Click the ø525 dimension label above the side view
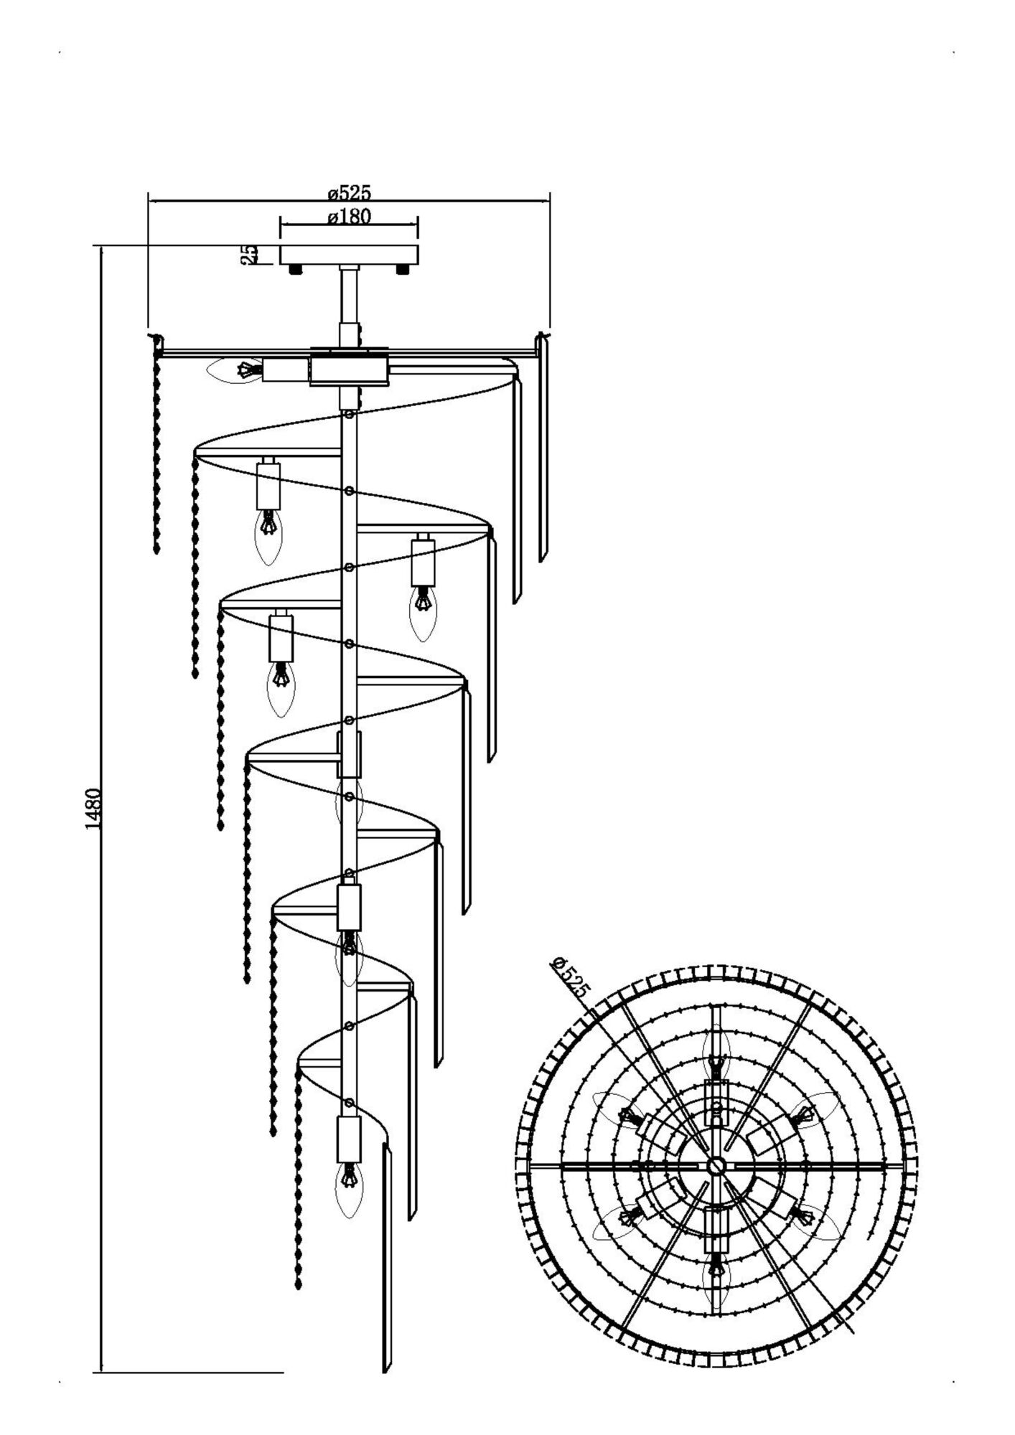pyautogui.click(x=349, y=193)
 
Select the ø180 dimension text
pyautogui.click(x=349, y=216)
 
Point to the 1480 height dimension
pyautogui.click(x=93, y=809)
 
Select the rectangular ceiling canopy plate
pyautogui.click(x=349, y=255)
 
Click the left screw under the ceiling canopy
pyautogui.click(x=295, y=270)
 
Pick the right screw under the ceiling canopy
pyautogui.click(x=403, y=270)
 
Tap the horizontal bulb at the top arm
pyautogui.click(x=235, y=370)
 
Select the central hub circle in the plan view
pyautogui.click(x=715, y=1165)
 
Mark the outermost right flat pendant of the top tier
pyautogui.click(x=543, y=448)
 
